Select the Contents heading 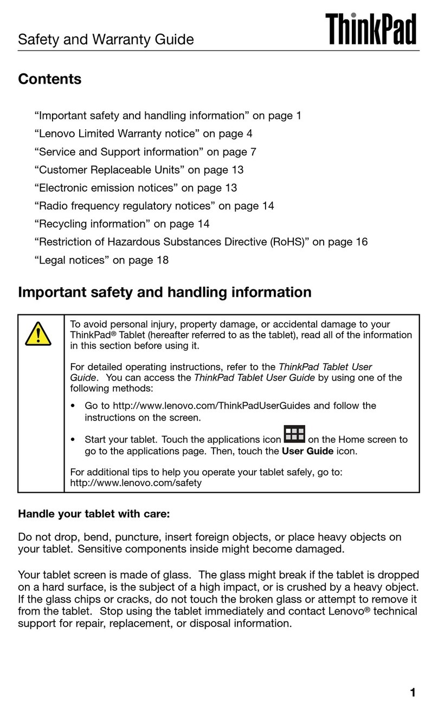(50, 79)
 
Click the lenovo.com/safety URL (136, 482)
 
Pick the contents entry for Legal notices (101, 260)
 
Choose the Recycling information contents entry (122, 224)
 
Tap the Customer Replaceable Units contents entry (139, 170)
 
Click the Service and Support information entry (145, 151)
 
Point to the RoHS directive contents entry (201, 242)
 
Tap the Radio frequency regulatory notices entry (154, 206)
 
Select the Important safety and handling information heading (165, 293)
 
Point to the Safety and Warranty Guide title (106, 39)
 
